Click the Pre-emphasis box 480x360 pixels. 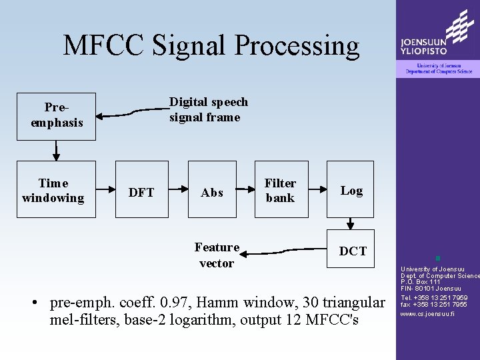56,116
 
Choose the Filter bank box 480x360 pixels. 281,189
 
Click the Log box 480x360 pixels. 351,189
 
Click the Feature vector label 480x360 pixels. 217,255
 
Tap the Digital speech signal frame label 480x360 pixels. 208,109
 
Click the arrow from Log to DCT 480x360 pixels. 351,223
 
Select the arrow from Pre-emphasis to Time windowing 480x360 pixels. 56,151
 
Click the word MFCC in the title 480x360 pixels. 103,45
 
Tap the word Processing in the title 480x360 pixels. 297,45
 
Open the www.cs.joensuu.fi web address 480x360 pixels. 427,313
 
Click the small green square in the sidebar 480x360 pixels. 437,258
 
